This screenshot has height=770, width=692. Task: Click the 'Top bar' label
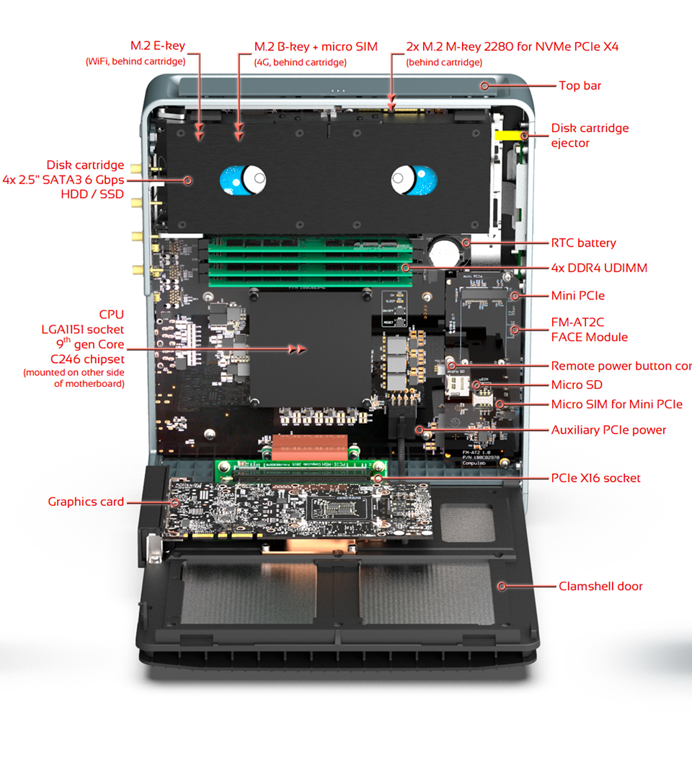coord(580,86)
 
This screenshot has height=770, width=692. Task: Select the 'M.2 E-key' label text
coord(157,46)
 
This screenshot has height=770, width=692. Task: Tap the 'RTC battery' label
coord(583,243)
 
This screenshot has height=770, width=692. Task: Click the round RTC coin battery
coord(447,253)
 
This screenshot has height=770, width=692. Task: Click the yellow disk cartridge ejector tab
coord(507,135)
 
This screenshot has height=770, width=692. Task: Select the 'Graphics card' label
coord(86,502)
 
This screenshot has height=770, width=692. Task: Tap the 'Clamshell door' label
coord(600,586)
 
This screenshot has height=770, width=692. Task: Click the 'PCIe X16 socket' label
coord(595,478)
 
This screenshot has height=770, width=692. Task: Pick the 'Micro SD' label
coord(577,385)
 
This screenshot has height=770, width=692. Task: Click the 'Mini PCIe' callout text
coord(577,295)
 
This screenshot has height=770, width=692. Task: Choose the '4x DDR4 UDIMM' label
coord(599,268)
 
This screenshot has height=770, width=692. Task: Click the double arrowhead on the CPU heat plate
coord(297,349)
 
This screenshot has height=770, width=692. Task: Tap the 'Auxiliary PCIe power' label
coord(608,429)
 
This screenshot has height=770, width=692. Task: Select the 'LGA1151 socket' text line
coord(82,329)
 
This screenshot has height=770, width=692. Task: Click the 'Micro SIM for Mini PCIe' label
coord(616,404)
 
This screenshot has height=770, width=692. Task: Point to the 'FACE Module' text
coord(589,337)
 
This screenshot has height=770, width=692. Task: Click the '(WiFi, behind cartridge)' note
coord(135,61)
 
